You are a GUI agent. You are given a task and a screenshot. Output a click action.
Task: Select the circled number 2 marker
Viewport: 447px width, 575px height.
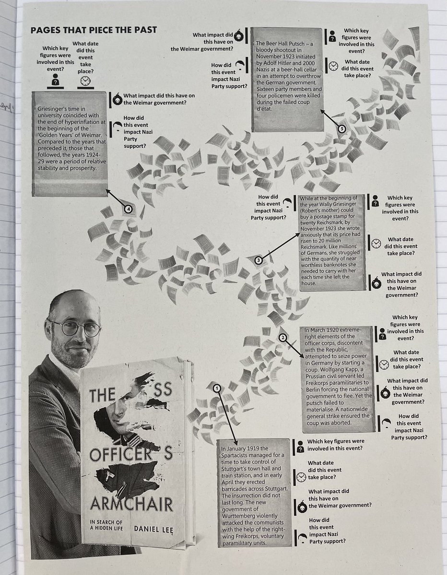click(x=283, y=337)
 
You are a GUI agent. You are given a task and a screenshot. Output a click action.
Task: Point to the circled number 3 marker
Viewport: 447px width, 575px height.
click(x=259, y=260)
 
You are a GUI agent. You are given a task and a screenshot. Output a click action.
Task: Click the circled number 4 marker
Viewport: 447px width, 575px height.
click(x=128, y=208)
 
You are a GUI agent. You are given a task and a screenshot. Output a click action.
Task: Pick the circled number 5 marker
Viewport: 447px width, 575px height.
click(x=341, y=128)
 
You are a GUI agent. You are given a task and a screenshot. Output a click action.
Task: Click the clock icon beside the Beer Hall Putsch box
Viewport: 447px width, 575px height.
click(x=333, y=65)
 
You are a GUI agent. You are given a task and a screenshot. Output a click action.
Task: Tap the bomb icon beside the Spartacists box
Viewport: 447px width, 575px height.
click(x=301, y=505)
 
